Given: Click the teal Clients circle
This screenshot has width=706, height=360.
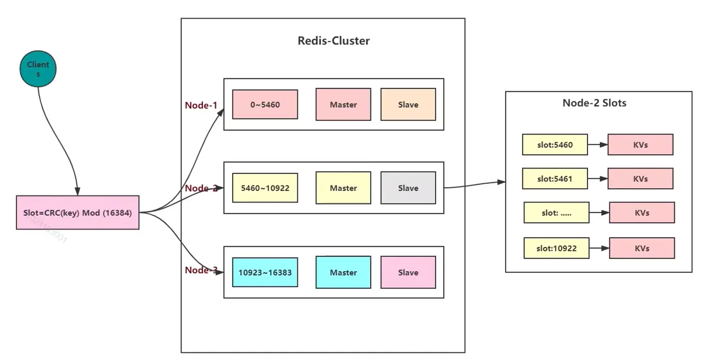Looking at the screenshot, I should click(x=38, y=69).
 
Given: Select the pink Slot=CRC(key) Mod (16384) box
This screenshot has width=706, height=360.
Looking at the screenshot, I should click(x=77, y=212).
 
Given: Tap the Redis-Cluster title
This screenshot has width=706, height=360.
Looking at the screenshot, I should click(x=334, y=41).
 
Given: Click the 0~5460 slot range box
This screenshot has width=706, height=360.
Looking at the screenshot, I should click(x=265, y=104).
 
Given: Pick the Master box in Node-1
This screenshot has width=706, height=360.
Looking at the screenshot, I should click(x=343, y=105).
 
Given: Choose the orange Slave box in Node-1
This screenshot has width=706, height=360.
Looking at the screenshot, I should click(x=408, y=105).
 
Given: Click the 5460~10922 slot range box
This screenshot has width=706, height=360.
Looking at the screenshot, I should click(x=265, y=188).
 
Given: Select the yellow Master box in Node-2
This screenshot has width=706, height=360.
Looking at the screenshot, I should click(x=343, y=188).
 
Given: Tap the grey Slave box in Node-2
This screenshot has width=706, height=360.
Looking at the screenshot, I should click(x=408, y=188).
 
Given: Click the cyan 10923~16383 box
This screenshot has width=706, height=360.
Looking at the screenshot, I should click(x=265, y=272).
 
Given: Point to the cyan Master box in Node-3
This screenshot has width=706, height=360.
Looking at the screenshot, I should click(x=343, y=272).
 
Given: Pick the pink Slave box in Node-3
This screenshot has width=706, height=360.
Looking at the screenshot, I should click(x=408, y=272).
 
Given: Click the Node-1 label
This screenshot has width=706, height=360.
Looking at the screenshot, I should click(x=201, y=105).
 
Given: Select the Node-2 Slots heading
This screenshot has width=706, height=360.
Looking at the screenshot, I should click(x=594, y=103).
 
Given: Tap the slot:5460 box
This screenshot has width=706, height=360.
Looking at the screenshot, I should click(x=555, y=145).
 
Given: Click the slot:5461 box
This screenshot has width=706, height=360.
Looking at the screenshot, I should click(x=555, y=178).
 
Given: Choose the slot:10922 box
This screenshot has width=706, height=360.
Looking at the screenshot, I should click(x=556, y=248).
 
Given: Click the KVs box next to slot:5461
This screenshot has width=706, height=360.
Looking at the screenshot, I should click(x=640, y=178).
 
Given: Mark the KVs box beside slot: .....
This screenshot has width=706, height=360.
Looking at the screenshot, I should click(x=642, y=212).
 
